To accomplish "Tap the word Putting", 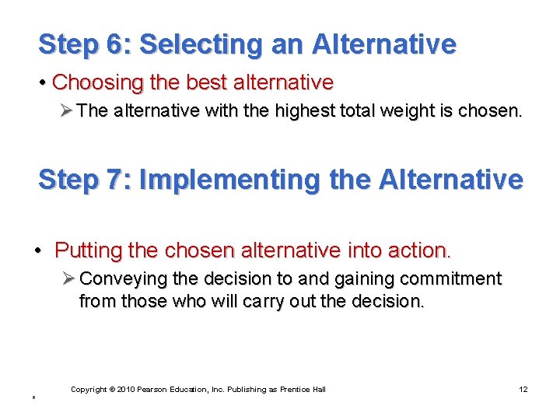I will (x=83, y=250).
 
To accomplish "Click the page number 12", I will (x=523, y=389).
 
